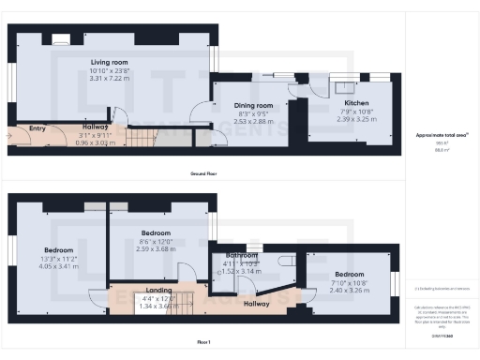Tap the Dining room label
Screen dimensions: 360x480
[x=252, y=106]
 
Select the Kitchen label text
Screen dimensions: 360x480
[x=356, y=102]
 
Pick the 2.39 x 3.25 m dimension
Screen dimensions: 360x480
[x=356, y=119]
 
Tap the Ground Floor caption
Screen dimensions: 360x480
[x=204, y=174]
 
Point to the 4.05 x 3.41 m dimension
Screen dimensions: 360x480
[x=58, y=267]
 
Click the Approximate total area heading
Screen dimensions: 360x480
[x=441, y=135]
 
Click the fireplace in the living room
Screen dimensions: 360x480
[x=59, y=39]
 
